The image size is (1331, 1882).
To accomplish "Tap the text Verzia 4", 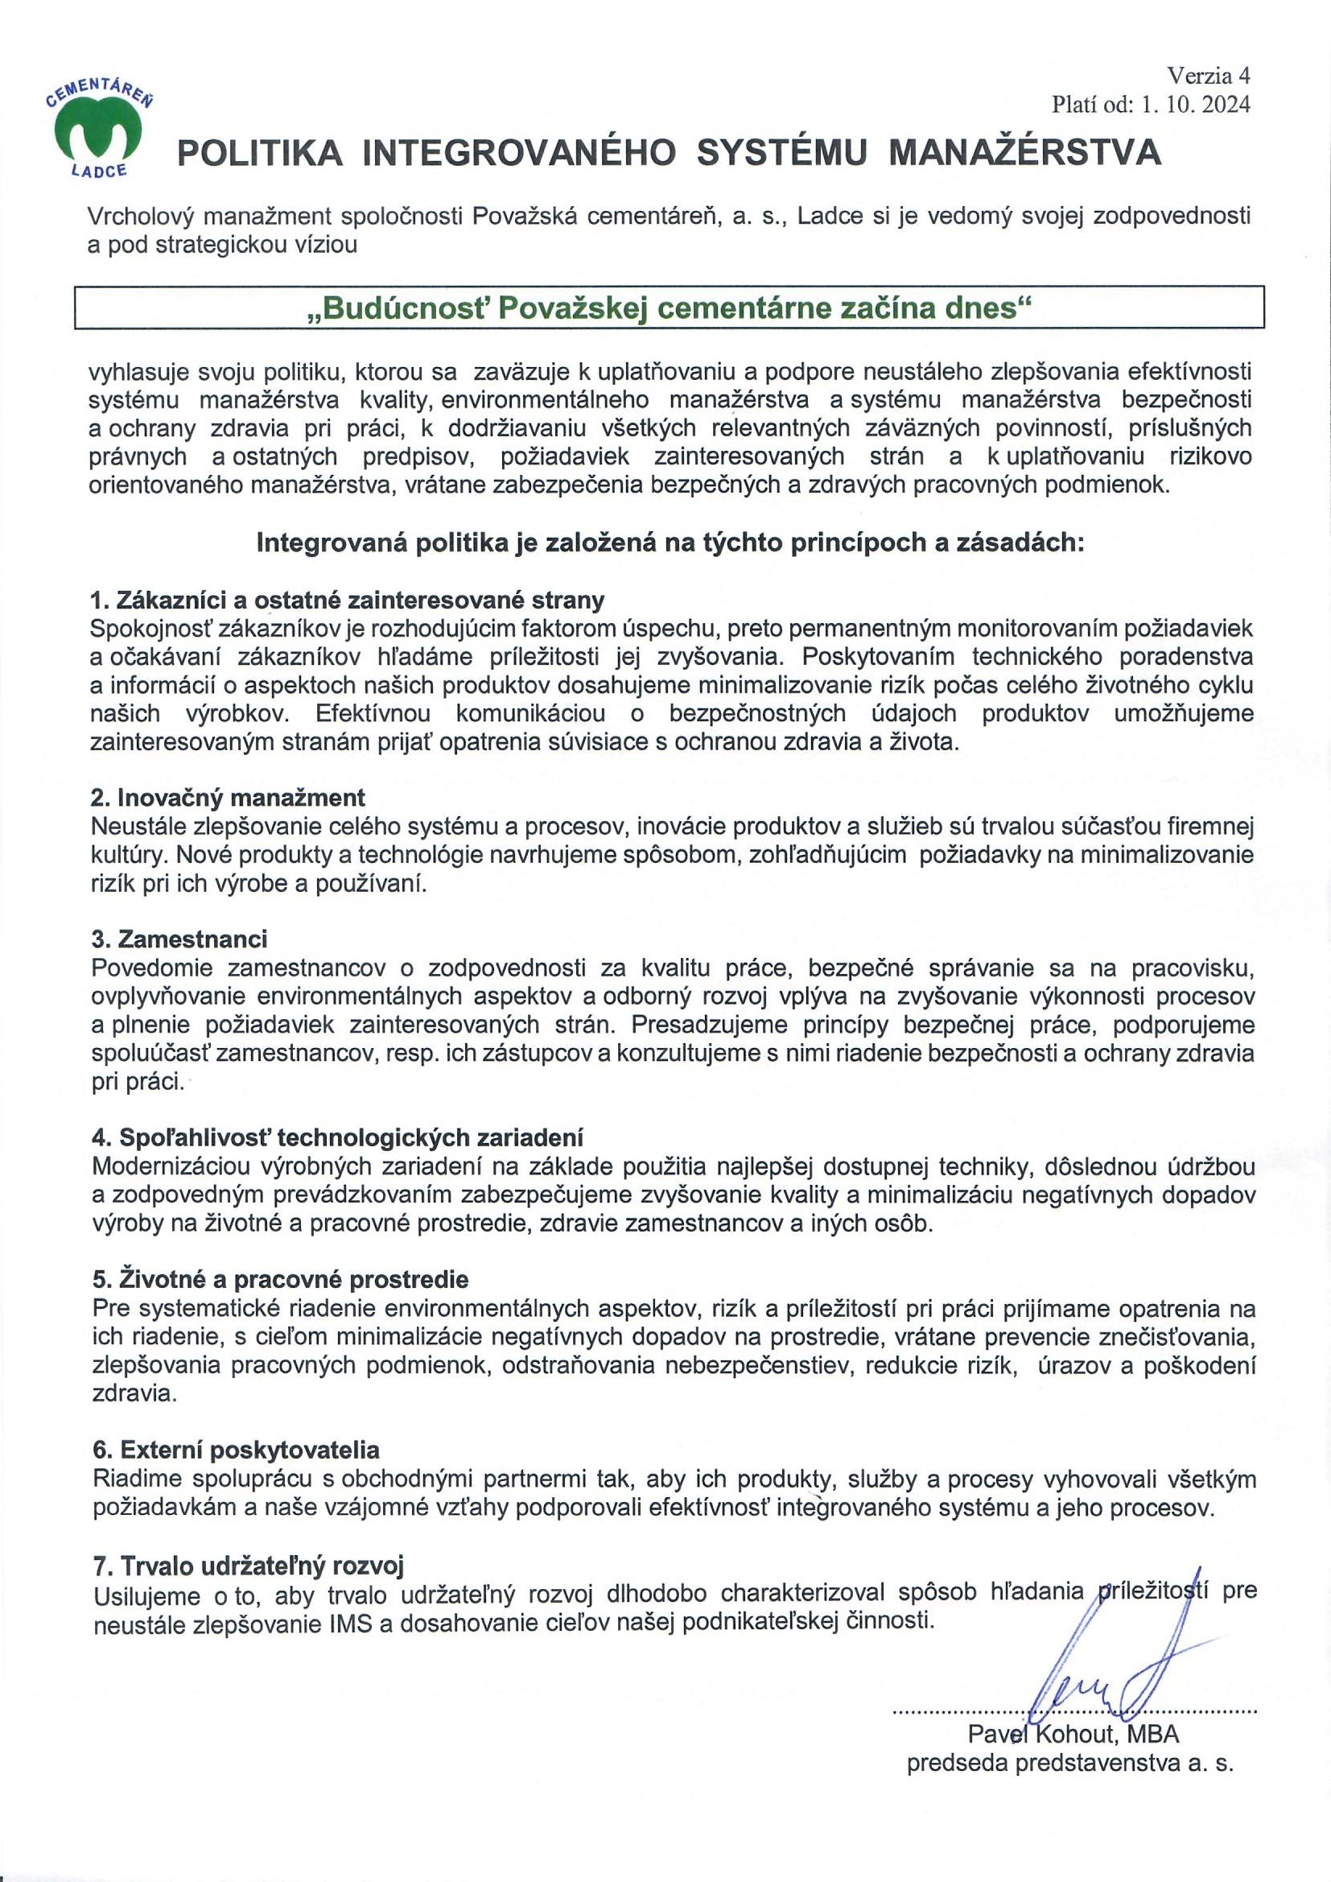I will [1209, 76].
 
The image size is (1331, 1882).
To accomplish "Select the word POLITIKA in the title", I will [261, 153].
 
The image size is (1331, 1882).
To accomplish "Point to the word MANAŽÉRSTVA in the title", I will [1025, 153].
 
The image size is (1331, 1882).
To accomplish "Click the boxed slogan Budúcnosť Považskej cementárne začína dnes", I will [669, 308].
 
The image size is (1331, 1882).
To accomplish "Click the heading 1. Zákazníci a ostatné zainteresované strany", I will [347, 600].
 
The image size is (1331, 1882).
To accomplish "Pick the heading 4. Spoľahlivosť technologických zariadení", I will [337, 1137].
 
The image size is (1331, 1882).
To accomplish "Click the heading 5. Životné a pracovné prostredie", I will [280, 1280].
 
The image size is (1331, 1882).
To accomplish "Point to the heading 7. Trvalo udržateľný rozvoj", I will [249, 1566].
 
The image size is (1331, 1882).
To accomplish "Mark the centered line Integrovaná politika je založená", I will [669, 543].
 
